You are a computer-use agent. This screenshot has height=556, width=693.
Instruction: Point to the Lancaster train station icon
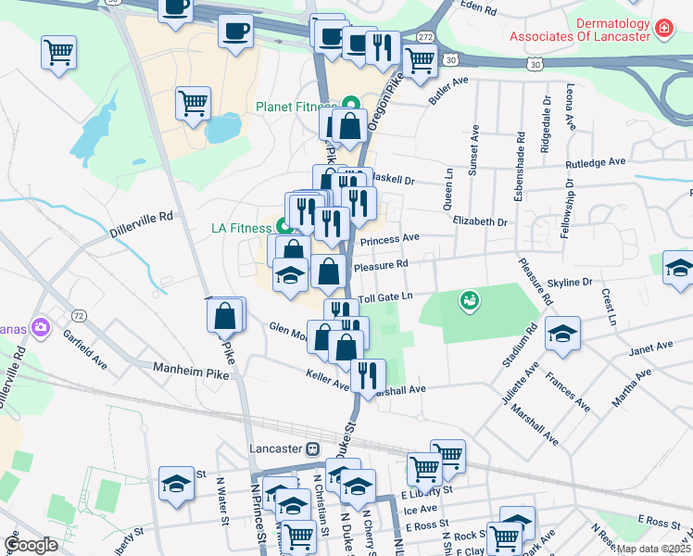[x=313, y=449]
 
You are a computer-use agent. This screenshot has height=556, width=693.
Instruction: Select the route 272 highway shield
[x=424, y=35]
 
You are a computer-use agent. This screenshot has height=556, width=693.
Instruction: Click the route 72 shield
[x=80, y=316]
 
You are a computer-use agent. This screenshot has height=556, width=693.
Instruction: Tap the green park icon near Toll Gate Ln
[x=470, y=300]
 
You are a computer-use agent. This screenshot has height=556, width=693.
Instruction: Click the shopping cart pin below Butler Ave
[x=421, y=60]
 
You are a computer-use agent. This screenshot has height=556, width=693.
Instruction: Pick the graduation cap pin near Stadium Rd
[x=562, y=335]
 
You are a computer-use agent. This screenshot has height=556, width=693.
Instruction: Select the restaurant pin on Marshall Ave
[x=369, y=376]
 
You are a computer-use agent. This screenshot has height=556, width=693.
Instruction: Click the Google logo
[x=31, y=545]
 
